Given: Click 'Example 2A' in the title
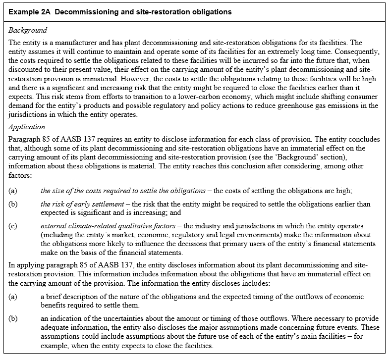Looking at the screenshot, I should coord(29,11).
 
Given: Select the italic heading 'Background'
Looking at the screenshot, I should coord(28,31).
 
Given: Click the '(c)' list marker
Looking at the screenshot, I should coord(14,226).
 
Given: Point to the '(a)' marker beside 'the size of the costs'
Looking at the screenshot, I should coord(14,191).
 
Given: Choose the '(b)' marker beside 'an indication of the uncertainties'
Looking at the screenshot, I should coord(14,318).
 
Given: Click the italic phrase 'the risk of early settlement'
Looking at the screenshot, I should coord(88,204).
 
